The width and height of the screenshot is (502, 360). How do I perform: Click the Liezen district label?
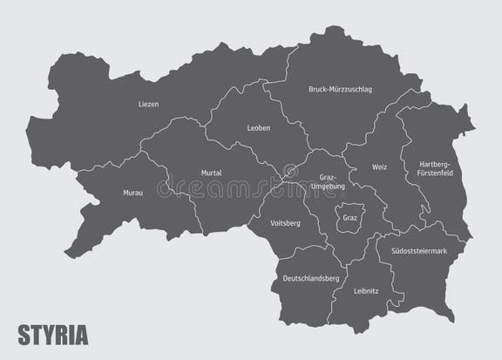[x=148, y=105]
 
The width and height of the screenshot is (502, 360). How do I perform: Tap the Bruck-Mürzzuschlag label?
[x=339, y=90]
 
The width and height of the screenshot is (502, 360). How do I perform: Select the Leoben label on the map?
[x=259, y=128]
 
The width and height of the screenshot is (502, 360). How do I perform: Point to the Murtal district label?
[x=211, y=173]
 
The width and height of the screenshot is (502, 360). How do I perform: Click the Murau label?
[x=132, y=192]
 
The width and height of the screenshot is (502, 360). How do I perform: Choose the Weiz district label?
[x=379, y=166]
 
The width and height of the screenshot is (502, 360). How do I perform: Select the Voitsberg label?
[x=286, y=223]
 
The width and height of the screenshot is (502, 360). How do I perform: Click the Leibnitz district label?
[x=365, y=293]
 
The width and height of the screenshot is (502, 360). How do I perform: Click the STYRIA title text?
[x=53, y=334]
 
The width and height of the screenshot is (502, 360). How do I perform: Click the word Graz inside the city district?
[x=349, y=218]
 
